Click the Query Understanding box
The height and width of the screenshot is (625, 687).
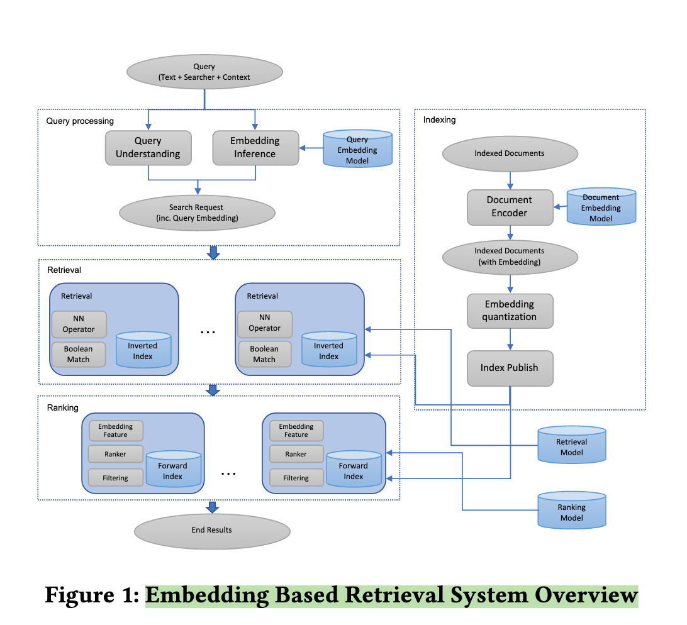(148, 148)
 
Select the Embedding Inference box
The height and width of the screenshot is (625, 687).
(255, 148)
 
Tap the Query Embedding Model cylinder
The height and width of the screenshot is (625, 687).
(357, 150)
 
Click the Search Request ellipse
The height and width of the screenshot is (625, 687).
(196, 213)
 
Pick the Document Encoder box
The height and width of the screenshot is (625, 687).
(510, 207)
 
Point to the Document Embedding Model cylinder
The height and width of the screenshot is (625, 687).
(601, 207)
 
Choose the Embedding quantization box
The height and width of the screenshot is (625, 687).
(510, 311)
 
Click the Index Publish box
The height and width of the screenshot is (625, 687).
(510, 368)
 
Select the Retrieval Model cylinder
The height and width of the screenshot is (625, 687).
(572, 446)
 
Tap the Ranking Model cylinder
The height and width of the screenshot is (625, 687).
(572, 512)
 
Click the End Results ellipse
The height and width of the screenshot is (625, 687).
(212, 530)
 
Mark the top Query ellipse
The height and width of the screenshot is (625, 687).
(204, 72)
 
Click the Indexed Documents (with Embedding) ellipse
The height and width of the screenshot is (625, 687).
(510, 257)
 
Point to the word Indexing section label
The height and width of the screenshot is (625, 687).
(439, 119)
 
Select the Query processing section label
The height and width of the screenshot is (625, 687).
(80, 121)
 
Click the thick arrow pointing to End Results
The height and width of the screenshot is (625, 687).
(213, 507)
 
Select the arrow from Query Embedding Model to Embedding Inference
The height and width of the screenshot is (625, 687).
(310, 148)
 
